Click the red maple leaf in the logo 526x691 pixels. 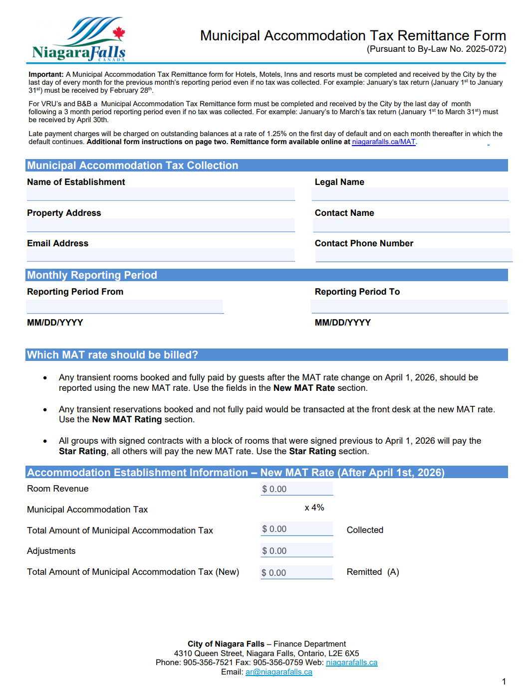pyautogui.click(x=119, y=33)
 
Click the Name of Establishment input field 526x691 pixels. pyautogui.click(x=160, y=194)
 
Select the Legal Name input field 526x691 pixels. pyautogui.click(x=410, y=194)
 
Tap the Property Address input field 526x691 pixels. pyautogui.click(x=160, y=225)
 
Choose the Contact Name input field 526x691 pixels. pyautogui.click(x=411, y=225)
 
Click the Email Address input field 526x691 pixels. pyautogui.click(x=160, y=255)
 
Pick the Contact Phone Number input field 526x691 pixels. pyautogui.click(x=414, y=255)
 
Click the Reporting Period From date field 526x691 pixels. pyautogui.click(x=125, y=306)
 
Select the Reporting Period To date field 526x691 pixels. pyautogui.click(x=409, y=306)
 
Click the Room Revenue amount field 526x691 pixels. pyautogui.click(x=296, y=489)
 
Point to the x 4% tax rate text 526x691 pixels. pyautogui.click(x=314, y=508)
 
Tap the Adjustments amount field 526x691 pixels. pyautogui.click(x=296, y=550)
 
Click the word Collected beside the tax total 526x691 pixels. pyautogui.click(x=365, y=530)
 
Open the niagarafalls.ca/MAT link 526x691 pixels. pyautogui.click(x=383, y=142)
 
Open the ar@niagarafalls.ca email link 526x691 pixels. pyautogui.click(x=278, y=672)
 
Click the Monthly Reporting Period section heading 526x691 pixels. pyautogui.click(x=92, y=275)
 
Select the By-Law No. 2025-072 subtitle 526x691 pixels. pyautogui.click(x=436, y=49)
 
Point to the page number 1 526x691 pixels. pyautogui.click(x=504, y=682)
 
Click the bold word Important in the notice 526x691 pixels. pyautogui.click(x=46, y=74)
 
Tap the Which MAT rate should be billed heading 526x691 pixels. pyautogui.click(x=112, y=355)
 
